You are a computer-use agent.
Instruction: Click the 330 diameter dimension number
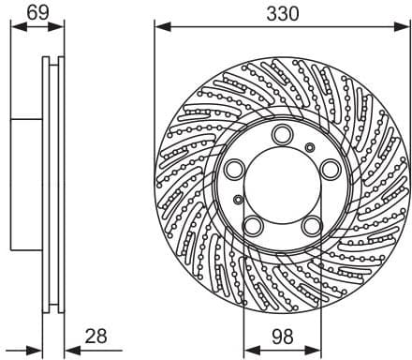(281, 13)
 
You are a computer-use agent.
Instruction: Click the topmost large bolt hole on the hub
(281, 138)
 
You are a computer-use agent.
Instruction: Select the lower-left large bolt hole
(253, 226)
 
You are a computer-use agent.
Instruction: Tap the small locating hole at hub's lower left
(239, 200)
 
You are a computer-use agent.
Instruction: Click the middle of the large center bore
(281, 184)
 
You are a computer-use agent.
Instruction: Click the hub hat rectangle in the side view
(28, 184)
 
